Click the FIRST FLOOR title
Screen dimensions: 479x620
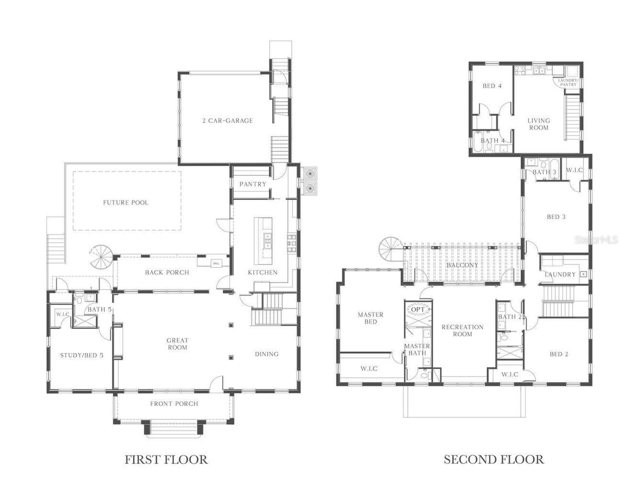pyautogui.click(x=166, y=459)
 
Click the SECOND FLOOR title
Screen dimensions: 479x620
pyautogui.click(x=494, y=459)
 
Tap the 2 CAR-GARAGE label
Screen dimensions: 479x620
pyautogui.click(x=228, y=121)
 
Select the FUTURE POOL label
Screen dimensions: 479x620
pyautogui.click(x=125, y=202)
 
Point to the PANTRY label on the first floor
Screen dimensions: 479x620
pyautogui.click(x=253, y=184)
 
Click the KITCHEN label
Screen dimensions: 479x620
pyautogui.click(x=263, y=272)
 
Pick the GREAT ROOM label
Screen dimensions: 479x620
pyautogui.click(x=177, y=344)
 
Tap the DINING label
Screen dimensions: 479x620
pyautogui.click(x=266, y=354)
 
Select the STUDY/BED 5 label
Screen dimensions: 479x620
pyautogui.click(x=82, y=355)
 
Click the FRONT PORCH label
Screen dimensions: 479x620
pyautogui.click(x=174, y=403)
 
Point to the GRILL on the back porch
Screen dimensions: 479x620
pyautogui.click(x=216, y=263)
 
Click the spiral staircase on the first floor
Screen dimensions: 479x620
pyautogui.click(x=100, y=258)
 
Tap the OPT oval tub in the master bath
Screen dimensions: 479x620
pyautogui.click(x=418, y=309)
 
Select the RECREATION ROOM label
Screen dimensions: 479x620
pyautogui.click(x=462, y=330)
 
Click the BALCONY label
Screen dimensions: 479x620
pyautogui.click(x=462, y=265)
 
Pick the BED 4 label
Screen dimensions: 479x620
pyautogui.click(x=492, y=86)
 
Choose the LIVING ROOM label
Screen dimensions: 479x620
pyautogui.click(x=539, y=124)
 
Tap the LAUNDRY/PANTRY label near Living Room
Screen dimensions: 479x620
pyautogui.click(x=568, y=82)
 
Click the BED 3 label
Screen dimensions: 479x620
pyautogui.click(x=556, y=216)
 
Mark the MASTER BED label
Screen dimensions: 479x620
pyautogui.click(x=371, y=318)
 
